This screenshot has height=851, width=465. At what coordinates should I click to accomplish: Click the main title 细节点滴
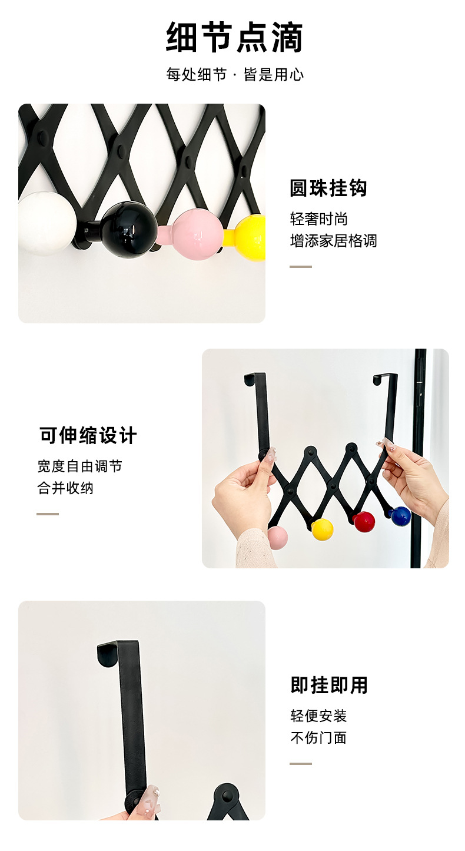(234, 37)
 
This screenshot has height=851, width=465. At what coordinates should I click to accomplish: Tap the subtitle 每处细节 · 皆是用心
(235, 74)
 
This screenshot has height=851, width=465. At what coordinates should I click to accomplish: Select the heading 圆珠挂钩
(328, 188)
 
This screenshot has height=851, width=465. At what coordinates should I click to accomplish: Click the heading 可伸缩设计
(88, 435)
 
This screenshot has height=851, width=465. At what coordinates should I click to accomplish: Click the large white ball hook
(46, 223)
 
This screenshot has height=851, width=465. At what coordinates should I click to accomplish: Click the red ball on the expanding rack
(364, 522)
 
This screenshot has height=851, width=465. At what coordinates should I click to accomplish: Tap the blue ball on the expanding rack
(400, 516)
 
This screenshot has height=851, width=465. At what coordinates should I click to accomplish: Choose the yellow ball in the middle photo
(323, 529)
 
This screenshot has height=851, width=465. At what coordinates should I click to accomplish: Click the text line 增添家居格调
(334, 241)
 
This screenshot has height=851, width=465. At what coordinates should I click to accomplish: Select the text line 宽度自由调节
(79, 466)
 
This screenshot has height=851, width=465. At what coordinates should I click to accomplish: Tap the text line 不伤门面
(318, 737)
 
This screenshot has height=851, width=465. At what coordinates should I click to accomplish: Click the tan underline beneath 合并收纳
(48, 514)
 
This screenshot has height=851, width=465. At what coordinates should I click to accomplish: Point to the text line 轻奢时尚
(319, 219)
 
